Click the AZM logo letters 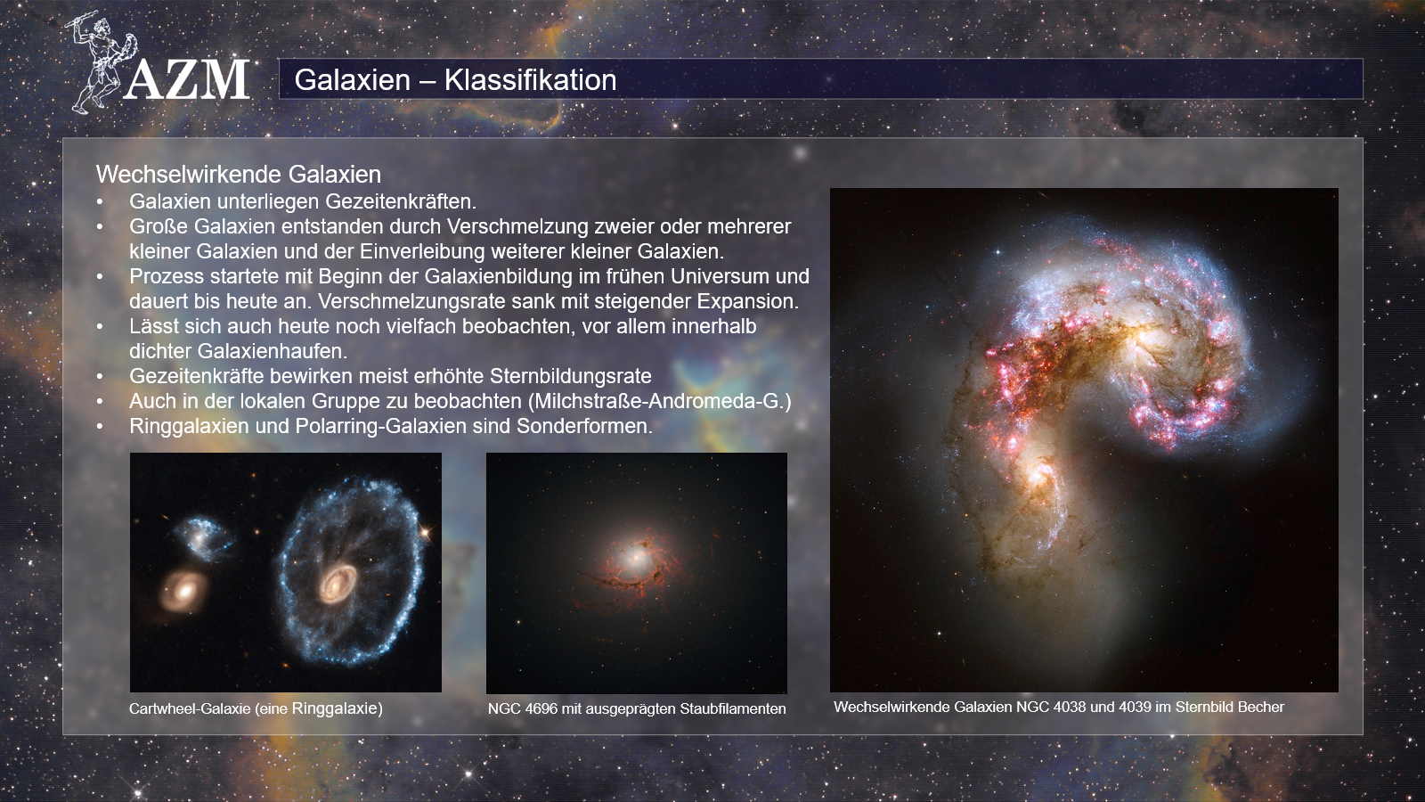(186, 79)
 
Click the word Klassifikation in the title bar (530, 79)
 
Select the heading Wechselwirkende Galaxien (239, 174)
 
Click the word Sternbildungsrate (571, 375)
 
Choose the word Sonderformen (584, 426)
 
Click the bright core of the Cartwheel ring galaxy (338, 583)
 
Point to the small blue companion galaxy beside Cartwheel (199, 538)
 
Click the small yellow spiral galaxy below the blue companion (183, 592)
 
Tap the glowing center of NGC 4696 (633, 561)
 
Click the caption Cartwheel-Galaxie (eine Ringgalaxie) (256, 708)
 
